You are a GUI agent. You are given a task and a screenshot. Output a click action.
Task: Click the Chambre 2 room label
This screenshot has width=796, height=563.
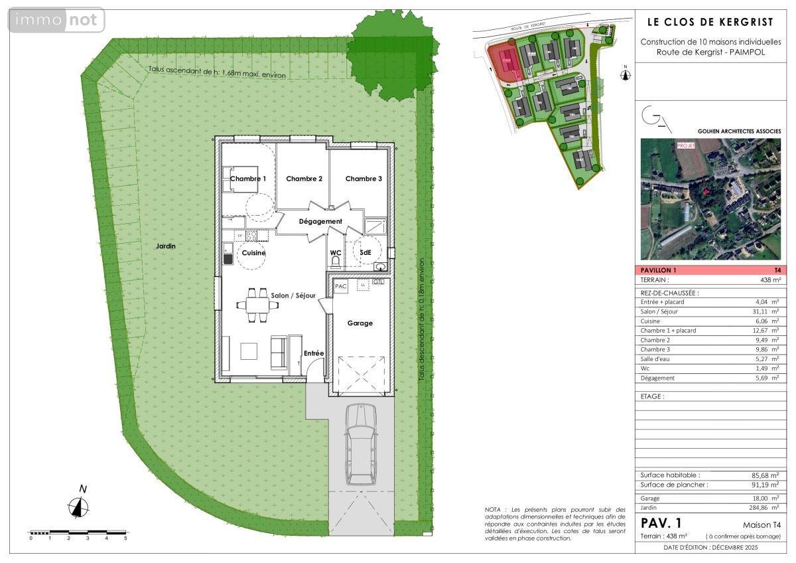(x=304, y=179)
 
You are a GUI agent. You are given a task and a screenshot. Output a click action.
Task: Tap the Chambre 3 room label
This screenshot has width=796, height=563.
(x=364, y=179)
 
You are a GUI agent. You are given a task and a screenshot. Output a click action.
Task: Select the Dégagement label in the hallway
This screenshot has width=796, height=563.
(x=320, y=221)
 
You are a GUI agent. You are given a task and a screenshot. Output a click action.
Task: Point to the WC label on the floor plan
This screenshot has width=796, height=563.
(x=336, y=253)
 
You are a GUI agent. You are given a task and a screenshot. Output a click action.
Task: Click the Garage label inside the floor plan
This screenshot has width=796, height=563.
(x=360, y=323)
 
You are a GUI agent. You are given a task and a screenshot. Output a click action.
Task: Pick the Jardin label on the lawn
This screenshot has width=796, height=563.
(x=166, y=246)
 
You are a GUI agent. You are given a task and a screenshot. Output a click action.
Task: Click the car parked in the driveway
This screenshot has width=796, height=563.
(x=360, y=445)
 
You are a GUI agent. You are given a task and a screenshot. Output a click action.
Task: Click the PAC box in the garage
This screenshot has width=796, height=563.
(x=341, y=286)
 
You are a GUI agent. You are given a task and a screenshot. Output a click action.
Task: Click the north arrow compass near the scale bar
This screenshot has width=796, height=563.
(x=80, y=506)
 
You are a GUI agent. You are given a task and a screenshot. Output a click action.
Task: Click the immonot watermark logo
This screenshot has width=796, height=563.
(x=56, y=20)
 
